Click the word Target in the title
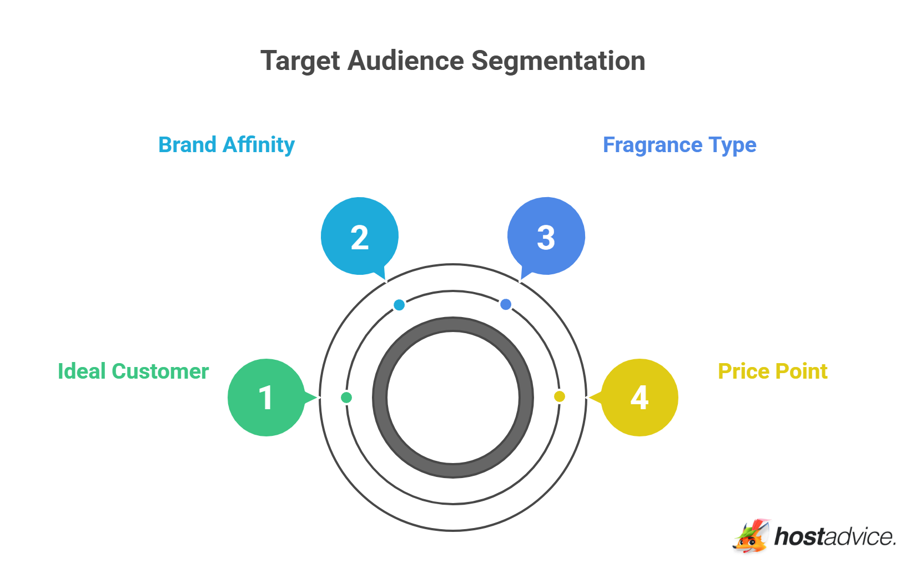click(x=300, y=61)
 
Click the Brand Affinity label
click(x=226, y=145)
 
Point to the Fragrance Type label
click(x=679, y=145)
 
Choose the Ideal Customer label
click(x=133, y=371)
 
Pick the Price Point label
click(x=772, y=371)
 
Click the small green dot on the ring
click(x=346, y=398)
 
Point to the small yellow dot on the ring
click(x=560, y=396)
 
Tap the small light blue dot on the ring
click(x=399, y=305)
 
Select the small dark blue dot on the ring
click(x=506, y=304)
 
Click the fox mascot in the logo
click(x=751, y=536)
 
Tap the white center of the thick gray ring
click(x=453, y=398)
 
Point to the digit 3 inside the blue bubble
click(x=546, y=238)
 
